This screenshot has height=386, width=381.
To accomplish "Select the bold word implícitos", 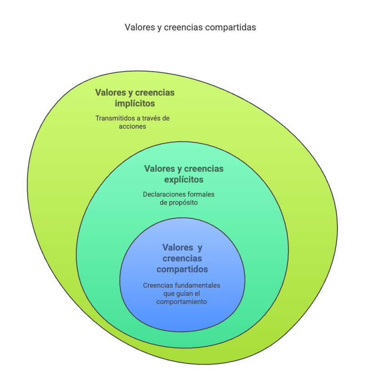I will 135,103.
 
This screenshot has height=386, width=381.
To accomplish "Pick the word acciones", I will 135,127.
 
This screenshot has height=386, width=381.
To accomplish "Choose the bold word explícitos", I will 184,179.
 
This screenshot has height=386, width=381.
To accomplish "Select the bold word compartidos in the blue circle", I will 182,269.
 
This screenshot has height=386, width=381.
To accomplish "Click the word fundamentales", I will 198,285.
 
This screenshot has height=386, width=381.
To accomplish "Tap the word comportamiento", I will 181,302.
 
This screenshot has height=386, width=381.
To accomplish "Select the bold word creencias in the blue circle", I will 182,258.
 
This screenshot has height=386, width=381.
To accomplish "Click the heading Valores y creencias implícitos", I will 135,98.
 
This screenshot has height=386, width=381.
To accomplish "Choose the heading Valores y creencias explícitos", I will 184,174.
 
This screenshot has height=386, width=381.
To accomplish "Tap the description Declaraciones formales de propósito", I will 179,198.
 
